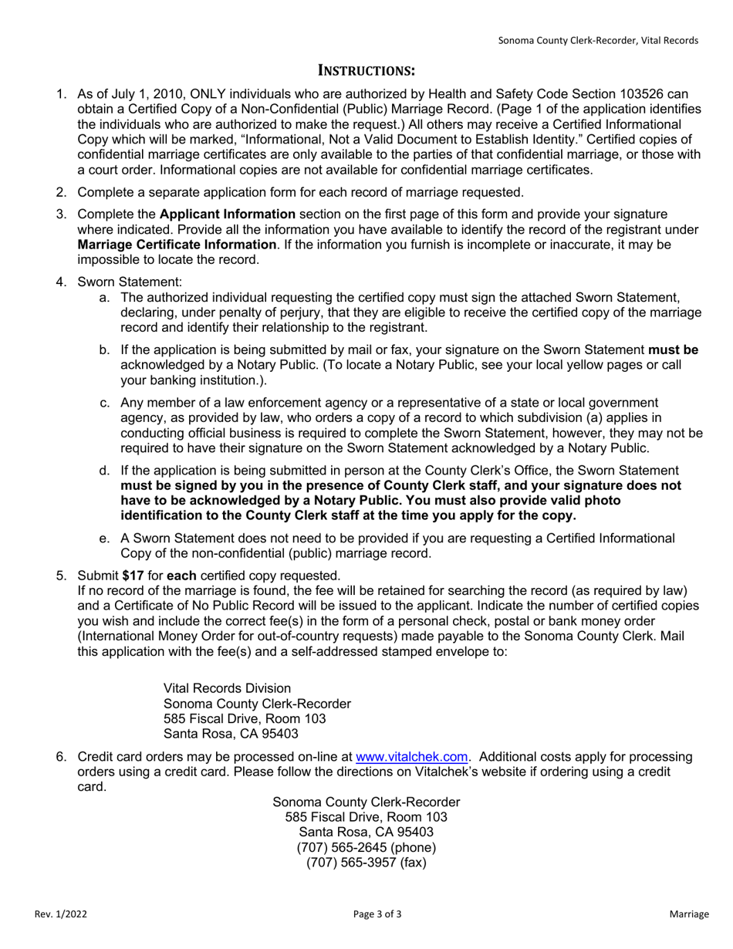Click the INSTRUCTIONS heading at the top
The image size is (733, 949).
click(367, 71)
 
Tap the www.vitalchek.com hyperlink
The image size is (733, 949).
click(411, 757)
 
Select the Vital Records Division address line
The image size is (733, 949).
click(228, 688)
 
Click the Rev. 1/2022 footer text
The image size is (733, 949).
click(61, 914)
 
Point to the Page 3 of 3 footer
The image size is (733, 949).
click(377, 914)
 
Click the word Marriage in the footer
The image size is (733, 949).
click(688, 914)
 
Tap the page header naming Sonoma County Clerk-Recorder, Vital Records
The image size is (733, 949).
click(598, 40)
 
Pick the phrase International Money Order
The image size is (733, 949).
click(156, 637)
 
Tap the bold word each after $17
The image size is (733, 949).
click(181, 576)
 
